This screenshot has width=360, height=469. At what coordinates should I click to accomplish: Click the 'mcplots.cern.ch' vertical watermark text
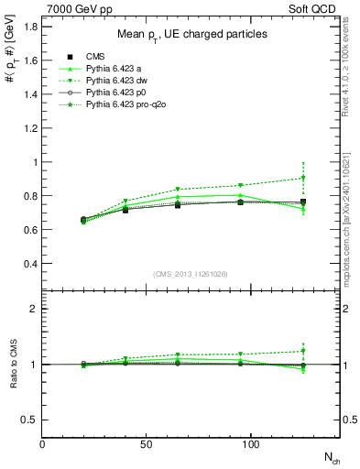point(352,220)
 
